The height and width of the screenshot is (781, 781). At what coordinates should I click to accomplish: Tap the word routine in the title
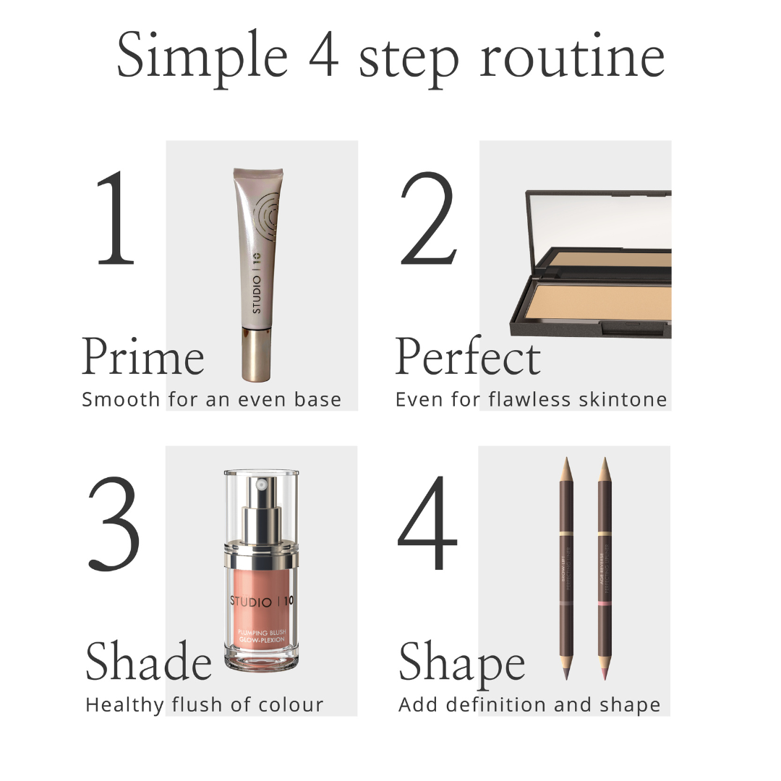[x=571, y=58]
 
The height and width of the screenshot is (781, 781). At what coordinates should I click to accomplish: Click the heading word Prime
[x=142, y=357]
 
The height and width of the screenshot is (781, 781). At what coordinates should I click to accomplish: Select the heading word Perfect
[x=468, y=357]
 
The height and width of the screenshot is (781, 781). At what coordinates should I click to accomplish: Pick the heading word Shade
[x=148, y=662]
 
